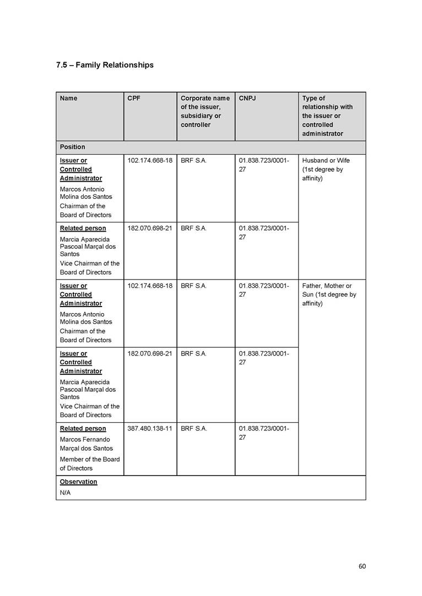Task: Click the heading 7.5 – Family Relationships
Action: click(x=105, y=65)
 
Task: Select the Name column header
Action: click(x=68, y=99)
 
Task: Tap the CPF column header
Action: click(x=133, y=99)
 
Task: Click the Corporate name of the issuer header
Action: click(x=205, y=111)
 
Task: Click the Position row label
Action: click(x=72, y=147)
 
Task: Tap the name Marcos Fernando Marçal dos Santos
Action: click(x=85, y=444)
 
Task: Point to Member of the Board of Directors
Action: click(x=89, y=463)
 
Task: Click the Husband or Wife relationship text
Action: click(x=326, y=161)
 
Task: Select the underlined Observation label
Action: click(x=78, y=482)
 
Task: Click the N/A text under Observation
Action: click(x=65, y=493)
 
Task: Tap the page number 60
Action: click(x=361, y=566)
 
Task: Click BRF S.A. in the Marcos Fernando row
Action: click(x=193, y=428)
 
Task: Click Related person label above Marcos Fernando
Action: click(x=83, y=428)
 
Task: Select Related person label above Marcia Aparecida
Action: click(x=83, y=228)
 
